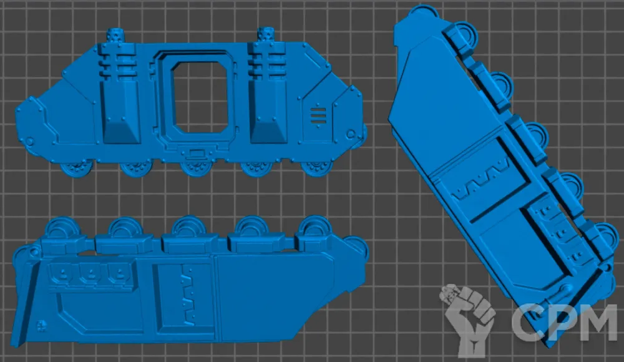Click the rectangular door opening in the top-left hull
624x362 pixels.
[200, 97]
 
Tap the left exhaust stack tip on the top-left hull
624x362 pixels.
[116, 36]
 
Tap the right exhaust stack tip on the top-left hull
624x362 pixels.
[265, 35]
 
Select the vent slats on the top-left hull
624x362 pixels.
[318, 116]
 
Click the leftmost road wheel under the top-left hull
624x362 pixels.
[76, 169]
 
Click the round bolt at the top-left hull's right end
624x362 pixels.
[350, 134]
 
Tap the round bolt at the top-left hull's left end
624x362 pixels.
[29, 142]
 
